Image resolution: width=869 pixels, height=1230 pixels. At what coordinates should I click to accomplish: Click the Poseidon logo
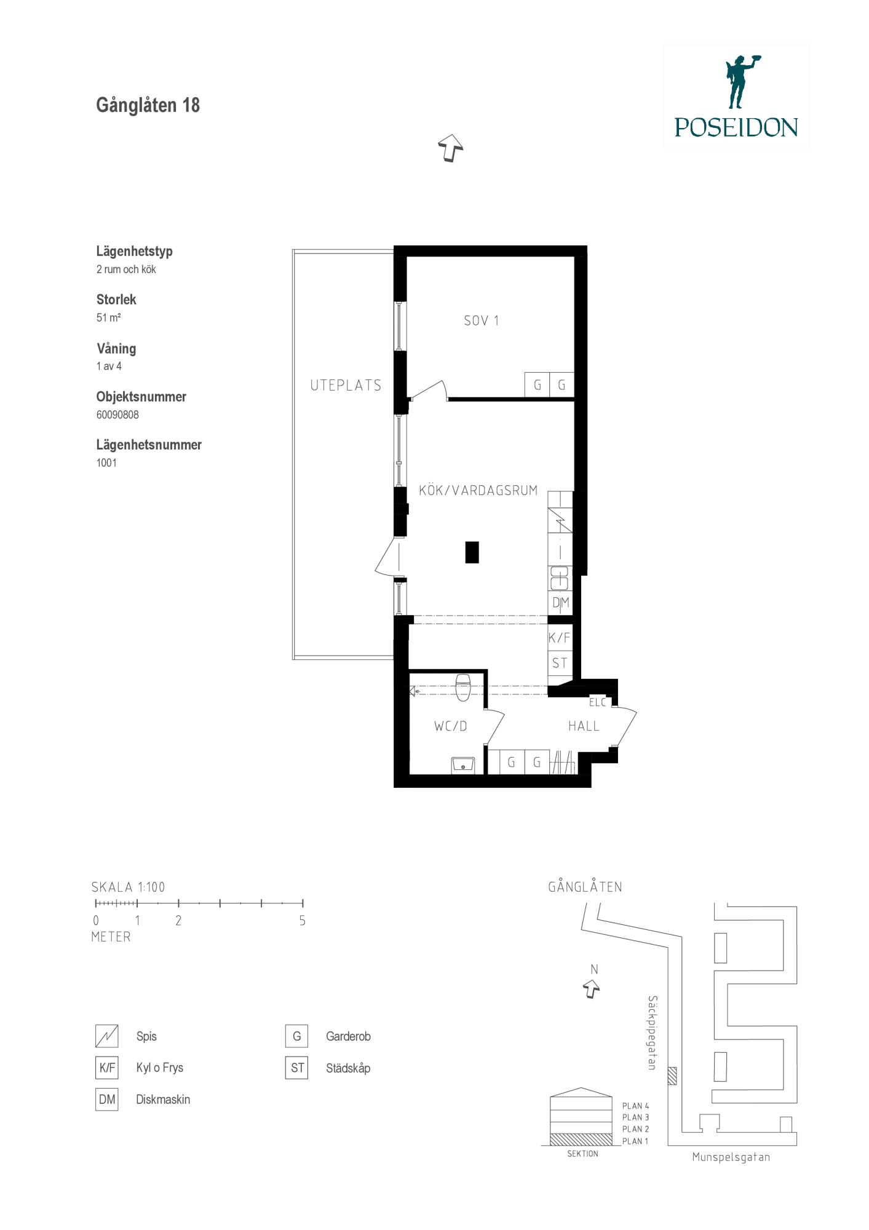pyautogui.click(x=736, y=95)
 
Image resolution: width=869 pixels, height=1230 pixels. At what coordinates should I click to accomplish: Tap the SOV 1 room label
pyautogui.click(x=481, y=320)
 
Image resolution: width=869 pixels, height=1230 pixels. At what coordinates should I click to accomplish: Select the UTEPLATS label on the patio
pyautogui.click(x=346, y=386)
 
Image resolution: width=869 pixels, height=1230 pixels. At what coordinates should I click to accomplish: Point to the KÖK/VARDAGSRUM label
pyautogui.click(x=478, y=490)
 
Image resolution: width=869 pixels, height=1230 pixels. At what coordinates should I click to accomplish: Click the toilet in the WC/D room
pyautogui.click(x=462, y=686)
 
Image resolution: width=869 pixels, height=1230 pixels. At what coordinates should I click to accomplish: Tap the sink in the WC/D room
pyautogui.click(x=462, y=764)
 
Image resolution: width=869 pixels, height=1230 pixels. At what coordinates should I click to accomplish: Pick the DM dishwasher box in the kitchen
pyautogui.click(x=560, y=603)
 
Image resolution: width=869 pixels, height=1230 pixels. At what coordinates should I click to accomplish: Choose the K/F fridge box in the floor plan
pyautogui.click(x=560, y=638)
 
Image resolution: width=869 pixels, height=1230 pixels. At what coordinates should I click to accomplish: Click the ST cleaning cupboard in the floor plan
pyautogui.click(x=560, y=663)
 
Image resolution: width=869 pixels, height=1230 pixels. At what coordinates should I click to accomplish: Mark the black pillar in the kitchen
pyautogui.click(x=472, y=552)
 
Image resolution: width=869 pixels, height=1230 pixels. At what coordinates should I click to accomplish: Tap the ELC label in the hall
pyautogui.click(x=597, y=702)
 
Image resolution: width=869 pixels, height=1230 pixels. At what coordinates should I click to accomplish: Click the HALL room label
pyautogui.click(x=584, y=726)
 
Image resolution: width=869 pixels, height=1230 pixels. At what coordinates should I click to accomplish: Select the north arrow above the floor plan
pyautogui.click(x=451, y=148)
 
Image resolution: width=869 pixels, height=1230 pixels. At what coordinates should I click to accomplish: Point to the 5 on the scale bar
pyautogui.click(x=302, y=921)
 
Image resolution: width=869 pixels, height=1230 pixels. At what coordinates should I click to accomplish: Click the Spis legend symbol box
pyautogui.click(x=106, y=1036)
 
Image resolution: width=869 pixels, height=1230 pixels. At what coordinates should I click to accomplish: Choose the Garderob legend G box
pyautogui.click(x=296, y=1036)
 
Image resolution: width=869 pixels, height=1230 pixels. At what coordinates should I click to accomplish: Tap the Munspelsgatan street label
pyautogui.click(x=731, y=1157)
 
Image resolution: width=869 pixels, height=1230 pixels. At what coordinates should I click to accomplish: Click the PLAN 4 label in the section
pyautogui.click(x=635, y=1106)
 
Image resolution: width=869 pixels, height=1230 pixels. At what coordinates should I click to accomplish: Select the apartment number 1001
pyautogui.click(x=106, y=462)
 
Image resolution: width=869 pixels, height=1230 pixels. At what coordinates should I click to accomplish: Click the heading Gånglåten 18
pyautogui.click(x=148, y=105)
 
